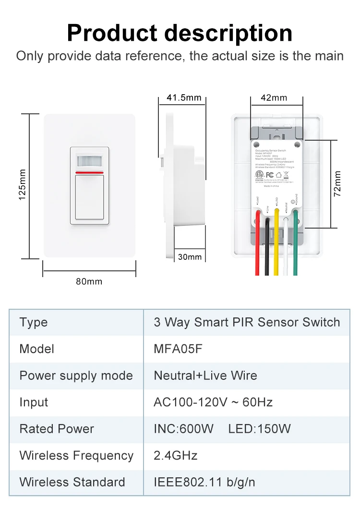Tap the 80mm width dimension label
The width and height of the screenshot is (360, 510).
(89, 281)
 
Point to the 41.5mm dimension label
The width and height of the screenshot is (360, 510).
(184, 98)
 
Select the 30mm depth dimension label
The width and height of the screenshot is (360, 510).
(190, 256)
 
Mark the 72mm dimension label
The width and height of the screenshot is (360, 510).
(337, 183)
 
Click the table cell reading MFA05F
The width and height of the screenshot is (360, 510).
(178, 349)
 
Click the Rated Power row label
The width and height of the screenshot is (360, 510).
(57, 429)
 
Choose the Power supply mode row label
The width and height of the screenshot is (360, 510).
(76, 376)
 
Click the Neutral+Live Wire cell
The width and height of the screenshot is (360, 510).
(205, 376)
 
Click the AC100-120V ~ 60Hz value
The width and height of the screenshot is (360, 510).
(213, 402)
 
